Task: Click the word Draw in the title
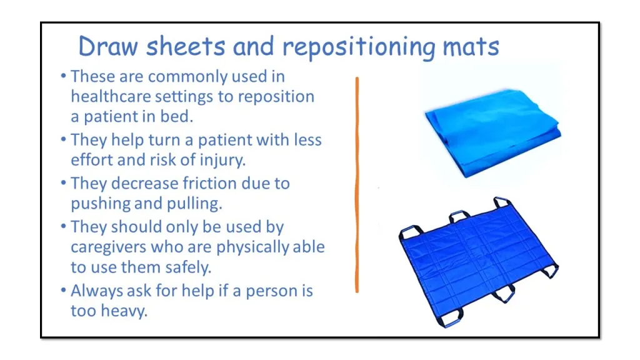[x=108, y=46]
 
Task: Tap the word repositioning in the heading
[x=359, y=47]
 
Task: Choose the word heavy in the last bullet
[x=124, y=311]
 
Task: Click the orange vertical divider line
[x=357, y=184]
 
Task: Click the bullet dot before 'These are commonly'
[x=63, y=76]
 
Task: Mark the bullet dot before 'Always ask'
[x=63, y=290]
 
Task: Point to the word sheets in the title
[x=185, y=46]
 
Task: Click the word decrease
[x=144, y=183]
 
